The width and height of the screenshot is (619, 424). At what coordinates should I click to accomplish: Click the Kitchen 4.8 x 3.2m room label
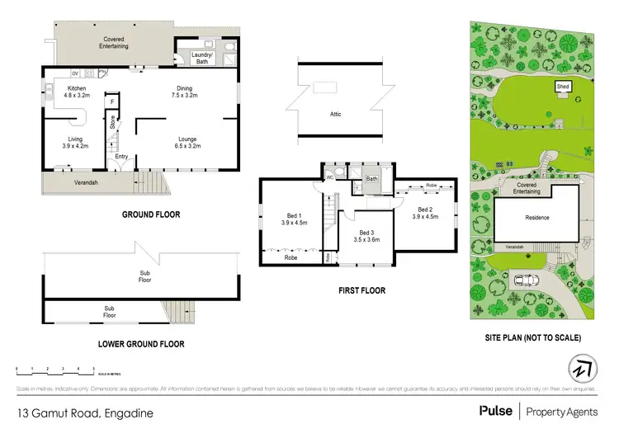pyautogui.click(x=77, y=92)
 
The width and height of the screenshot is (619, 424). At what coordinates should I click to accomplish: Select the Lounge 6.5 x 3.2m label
pyautogui.click(x=185, y=143)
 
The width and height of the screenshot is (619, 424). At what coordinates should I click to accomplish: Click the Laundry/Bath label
pyautogui.click(x=201, y=57)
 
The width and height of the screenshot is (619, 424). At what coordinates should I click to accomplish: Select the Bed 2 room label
pyautogui.click(x=426, y=213)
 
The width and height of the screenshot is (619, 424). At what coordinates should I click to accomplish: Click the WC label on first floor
pyautogui.click(x=329, y=176)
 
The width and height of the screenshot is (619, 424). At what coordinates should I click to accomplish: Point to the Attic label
pyautogui.click(x=335, y=114)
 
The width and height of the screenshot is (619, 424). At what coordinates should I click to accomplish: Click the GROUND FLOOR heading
pyautogui.click(x=152, y=214)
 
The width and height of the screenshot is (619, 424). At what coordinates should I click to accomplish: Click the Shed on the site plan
pyautogui.click(x=563, y=87)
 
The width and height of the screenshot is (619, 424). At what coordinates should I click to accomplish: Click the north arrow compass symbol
pyautogui.click(x=582, y=368)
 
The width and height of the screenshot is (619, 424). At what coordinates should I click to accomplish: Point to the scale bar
pyautogui.click(x=54, y=370)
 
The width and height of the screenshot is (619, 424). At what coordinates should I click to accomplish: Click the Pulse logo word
pyautogui.click(x=494, y=410)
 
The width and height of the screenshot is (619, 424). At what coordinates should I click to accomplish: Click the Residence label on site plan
pyautogui.click(x=537, y=218)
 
